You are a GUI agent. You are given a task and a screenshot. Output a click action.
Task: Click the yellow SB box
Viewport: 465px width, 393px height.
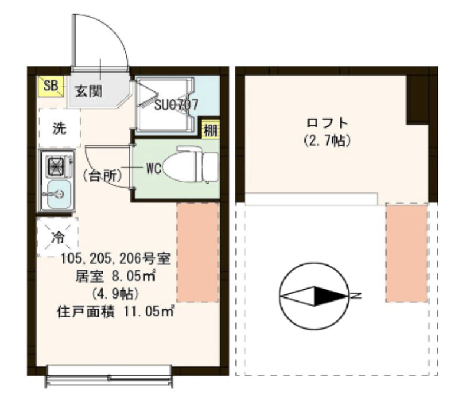(x=50, y=86)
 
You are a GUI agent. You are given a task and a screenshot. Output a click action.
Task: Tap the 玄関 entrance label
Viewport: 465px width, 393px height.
(x=89, y=91)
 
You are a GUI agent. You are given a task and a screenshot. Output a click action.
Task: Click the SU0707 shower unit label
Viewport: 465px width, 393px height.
(x=175, y=104)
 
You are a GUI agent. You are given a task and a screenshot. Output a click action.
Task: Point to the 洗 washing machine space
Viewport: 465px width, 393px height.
(x=59, y=129)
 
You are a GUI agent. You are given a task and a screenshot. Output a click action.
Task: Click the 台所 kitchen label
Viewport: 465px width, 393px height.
(x=102, y=175)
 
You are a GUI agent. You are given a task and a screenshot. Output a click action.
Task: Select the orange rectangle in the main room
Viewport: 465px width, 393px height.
(x=198, y=252)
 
